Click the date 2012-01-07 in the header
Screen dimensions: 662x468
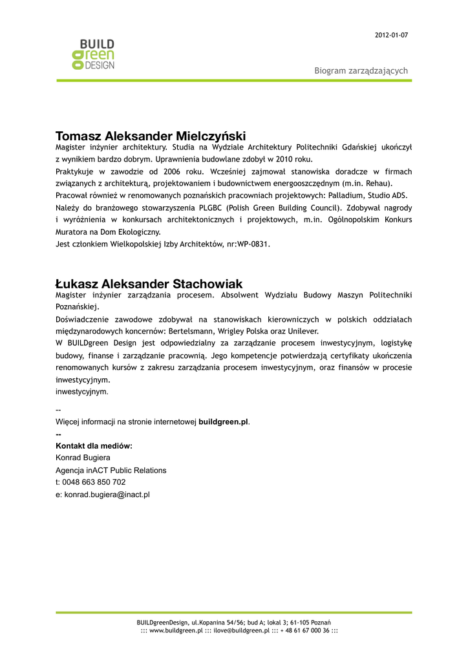(391, 35)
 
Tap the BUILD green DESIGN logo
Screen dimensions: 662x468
(93, 54)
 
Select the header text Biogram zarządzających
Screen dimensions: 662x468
(361, 70)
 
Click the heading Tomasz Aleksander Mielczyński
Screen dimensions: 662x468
(151, 136)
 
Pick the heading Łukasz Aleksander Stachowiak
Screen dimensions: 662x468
(149, 284)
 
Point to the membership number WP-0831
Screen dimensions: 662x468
(253, 244)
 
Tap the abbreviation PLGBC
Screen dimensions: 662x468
(210, 208)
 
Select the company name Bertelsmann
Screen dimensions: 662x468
(191, 331)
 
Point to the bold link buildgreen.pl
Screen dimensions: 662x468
(223, 422)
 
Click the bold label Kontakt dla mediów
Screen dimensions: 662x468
(94, 446)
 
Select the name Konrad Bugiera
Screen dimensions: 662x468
(83, 458)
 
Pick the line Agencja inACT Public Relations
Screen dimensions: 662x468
(111, 470)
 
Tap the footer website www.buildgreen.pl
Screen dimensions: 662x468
(176, 630)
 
